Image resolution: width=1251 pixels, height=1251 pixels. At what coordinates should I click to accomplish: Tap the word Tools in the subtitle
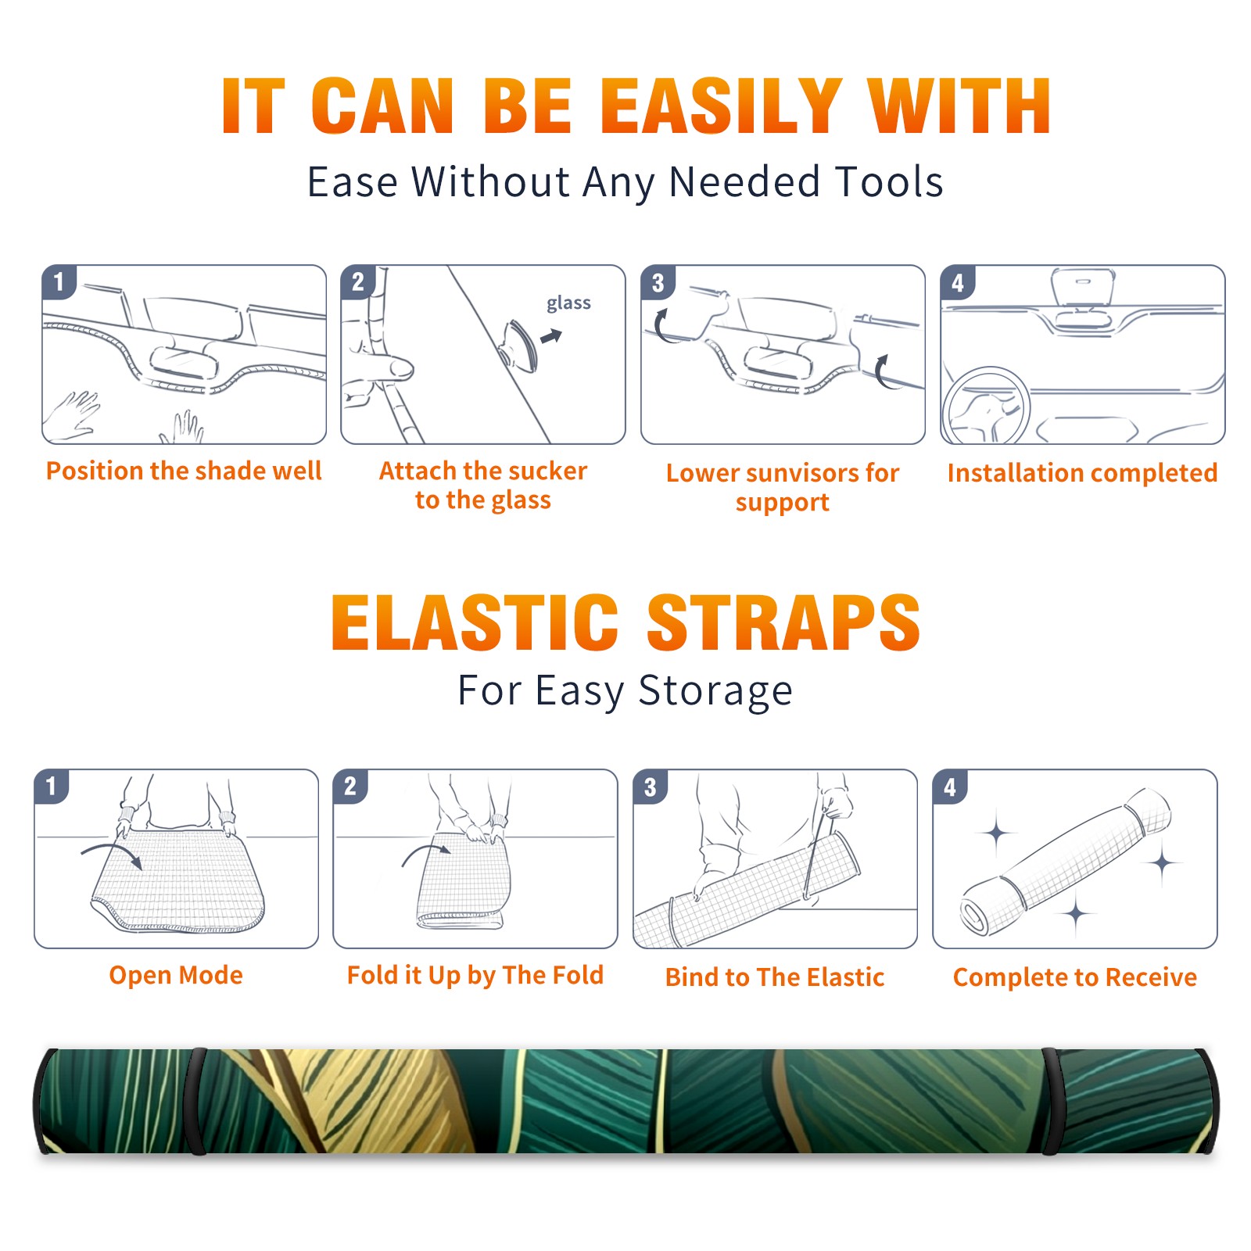[x=890, y=182]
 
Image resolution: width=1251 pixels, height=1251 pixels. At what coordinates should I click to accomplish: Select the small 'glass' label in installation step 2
[x=568, y=303]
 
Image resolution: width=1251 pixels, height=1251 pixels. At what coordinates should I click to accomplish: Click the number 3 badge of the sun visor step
[x=658, y=282]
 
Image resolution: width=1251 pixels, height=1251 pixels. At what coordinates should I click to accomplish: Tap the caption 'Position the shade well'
[x=184, y=471]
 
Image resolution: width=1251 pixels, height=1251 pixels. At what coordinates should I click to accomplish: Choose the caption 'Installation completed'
[x=1082, y=472]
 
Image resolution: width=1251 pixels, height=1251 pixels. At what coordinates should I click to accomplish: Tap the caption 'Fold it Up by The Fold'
[x=475, y=975]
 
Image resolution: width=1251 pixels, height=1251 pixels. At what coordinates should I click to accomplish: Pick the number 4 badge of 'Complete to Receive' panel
[x=949, y=787]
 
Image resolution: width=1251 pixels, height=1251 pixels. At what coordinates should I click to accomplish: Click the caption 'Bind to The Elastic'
[x=775, y=977]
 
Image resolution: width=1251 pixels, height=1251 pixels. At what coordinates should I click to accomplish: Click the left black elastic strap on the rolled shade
[x=196, y=1102]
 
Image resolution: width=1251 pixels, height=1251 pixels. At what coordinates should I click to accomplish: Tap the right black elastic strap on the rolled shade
[x=1049, y=1102]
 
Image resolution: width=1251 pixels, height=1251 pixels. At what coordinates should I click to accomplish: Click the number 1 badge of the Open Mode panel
[x=51, y=787]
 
